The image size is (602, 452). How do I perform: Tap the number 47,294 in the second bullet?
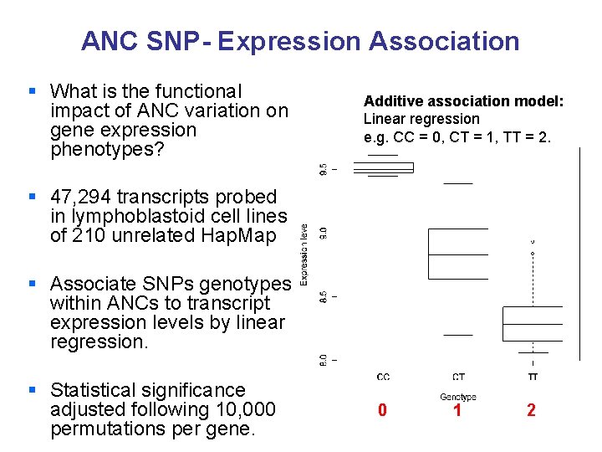point(85,197)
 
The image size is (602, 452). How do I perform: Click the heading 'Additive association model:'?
point(463,101)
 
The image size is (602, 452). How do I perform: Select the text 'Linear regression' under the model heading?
point(421,119)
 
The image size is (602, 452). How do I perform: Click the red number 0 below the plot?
point(382,411)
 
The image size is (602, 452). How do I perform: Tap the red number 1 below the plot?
point(457,411)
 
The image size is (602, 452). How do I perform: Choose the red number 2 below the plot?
point(531,411)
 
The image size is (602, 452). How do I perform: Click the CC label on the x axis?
point(383,377)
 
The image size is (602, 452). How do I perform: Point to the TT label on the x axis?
point(533,377)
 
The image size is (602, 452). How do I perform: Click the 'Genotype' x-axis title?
point(457,397)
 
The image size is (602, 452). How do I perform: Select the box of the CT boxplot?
point(457,254)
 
